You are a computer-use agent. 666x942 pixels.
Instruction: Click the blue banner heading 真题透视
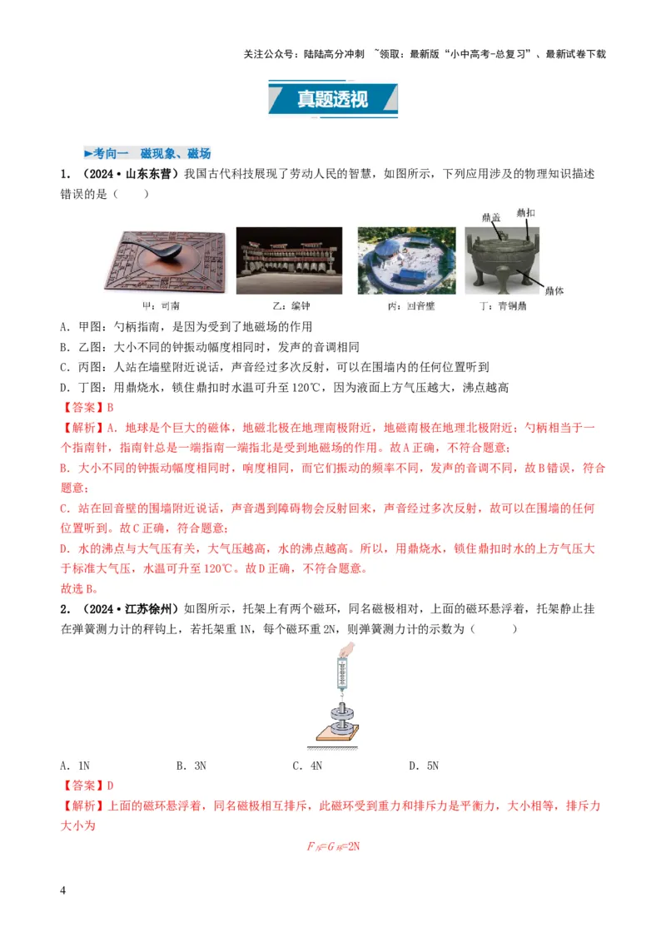pos(332,99)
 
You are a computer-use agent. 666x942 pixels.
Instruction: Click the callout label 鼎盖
pos(491,217)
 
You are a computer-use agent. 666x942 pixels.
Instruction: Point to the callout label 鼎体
pos(554,290)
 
